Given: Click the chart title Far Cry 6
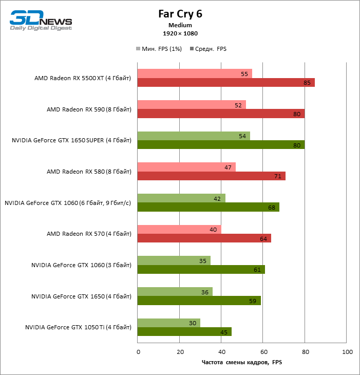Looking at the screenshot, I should [180, 14].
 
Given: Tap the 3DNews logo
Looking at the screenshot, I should [41, 21].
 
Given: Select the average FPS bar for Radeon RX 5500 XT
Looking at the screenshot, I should [225, 83].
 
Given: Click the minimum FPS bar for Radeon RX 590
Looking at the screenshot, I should [191, 105].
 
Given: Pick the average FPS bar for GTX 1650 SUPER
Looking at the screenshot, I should [220, 145].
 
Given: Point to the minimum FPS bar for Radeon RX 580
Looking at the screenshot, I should [186, 167].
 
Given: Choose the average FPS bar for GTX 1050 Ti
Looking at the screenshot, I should [184, 332].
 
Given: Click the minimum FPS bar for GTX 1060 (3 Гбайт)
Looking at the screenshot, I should [174, 260].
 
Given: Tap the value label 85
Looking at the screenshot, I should [307, 83].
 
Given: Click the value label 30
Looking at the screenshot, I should [193, 323].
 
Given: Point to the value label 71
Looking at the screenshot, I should [278, 176].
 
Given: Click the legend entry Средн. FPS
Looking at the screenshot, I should [208, 49].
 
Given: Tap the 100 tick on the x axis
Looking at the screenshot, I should [347, 352].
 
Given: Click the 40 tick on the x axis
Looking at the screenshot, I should [221, 352].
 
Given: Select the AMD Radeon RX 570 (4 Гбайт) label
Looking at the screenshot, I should [89, 234].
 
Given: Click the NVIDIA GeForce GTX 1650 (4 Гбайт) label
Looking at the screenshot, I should [81, 296].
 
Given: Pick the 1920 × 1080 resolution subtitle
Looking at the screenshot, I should [180, 33].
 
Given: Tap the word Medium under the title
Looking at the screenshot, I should [180, 25].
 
